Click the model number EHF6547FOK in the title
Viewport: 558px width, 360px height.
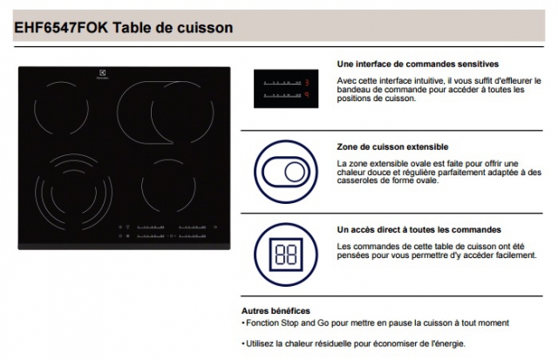[x=61, y=27]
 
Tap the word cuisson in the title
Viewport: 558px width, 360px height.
[x=205, y=27]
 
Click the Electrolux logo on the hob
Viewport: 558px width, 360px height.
[x=102, y=74]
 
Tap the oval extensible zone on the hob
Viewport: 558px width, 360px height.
[x=118, y=112]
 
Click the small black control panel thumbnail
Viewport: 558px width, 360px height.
[x=286, y=89]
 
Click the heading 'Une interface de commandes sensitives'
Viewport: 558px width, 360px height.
[x=418, y=64]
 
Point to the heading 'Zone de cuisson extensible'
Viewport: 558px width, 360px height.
[x=392, y=147]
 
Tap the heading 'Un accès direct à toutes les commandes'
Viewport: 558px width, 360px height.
[x=418, y=230]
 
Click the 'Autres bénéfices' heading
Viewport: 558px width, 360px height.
[x=276, y=311]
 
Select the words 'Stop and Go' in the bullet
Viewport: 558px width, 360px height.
[x=305, y=323]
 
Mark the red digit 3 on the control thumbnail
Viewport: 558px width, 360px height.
[x=307, y=83]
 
